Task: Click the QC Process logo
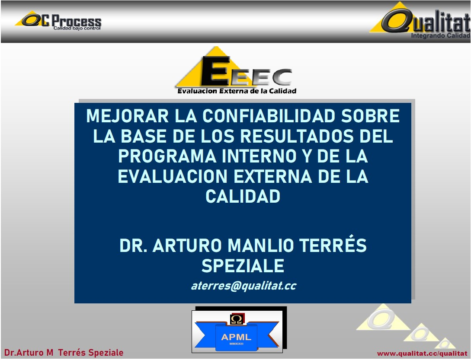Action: pos(58,20)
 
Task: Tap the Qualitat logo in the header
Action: pos(420,20)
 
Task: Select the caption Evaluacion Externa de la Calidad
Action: pos(237,91)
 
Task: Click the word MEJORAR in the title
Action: pos(127,116)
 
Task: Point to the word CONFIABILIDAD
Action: pos(269,116)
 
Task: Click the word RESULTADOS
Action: pos(297,136)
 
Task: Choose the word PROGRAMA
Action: pos(167,156)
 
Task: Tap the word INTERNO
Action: pos(259,156)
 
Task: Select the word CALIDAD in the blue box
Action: pos(243,196)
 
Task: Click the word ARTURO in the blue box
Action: pos(187,245)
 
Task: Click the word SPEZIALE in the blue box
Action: pos(243,266)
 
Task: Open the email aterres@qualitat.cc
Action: pos(244,286)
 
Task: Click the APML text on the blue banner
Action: pos(236,337)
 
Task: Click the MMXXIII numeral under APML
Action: pos(237,344)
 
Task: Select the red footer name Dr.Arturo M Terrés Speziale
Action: pos(64,353)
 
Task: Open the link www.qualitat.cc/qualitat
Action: pos(422,354)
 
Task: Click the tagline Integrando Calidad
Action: pos(440,35)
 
